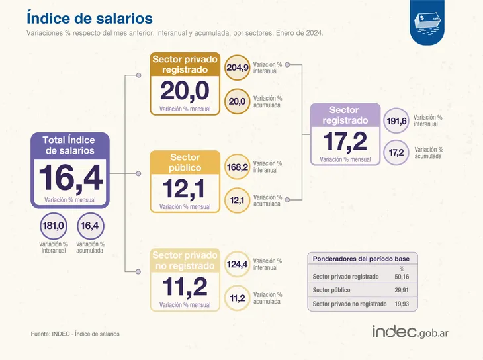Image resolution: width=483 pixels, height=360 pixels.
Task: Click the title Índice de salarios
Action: pos(89,17)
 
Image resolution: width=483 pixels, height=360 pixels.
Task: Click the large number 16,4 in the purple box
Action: pos(69,178)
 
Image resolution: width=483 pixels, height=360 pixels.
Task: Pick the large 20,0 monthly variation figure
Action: pos(185,90)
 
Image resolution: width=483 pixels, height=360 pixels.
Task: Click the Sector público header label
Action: pos(185,163)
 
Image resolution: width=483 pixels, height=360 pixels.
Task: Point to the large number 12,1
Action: pos(185,189)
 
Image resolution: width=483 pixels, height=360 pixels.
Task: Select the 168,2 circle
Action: pos(237,167)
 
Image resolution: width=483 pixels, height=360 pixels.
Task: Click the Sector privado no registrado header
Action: pos(185,261)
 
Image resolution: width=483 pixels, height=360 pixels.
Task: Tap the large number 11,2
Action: pos(185,287)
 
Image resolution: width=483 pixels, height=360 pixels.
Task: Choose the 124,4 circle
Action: pos(237,265)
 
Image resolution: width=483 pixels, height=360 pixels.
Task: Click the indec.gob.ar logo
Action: pos(410,330)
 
